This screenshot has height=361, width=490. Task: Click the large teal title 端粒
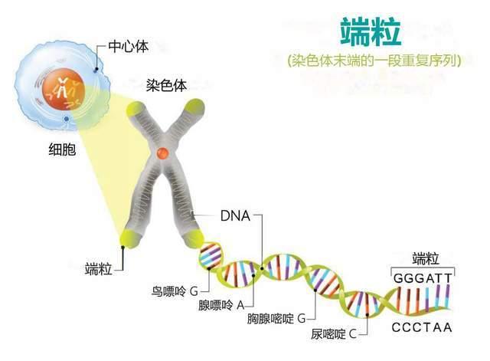(371, 31)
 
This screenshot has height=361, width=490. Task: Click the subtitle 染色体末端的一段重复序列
(374, 61)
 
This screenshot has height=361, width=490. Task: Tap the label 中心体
(129, 47)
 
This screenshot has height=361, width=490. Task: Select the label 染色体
(167, 85)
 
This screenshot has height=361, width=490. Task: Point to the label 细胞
(62, 149)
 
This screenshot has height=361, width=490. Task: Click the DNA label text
(235, 216)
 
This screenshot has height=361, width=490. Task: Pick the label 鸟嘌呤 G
(175, 291)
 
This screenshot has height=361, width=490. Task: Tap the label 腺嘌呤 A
(221, 305)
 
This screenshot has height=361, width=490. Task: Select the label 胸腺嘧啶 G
(276, 319)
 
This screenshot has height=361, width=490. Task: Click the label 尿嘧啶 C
(334, 334)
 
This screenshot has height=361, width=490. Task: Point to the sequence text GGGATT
(423, 278)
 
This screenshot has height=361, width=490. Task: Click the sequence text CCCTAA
(422, 327)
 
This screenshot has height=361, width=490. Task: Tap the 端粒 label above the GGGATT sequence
(426, 259)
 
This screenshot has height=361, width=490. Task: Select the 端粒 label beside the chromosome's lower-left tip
(99, 269)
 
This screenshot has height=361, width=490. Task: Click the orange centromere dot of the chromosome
(163, 153)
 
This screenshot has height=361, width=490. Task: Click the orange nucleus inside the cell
(64, 90)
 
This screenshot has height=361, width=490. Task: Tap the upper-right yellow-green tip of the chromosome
(194, 107)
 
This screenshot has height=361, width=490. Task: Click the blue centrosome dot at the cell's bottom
(67, 119)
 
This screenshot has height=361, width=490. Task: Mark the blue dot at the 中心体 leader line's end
(96, 70)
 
